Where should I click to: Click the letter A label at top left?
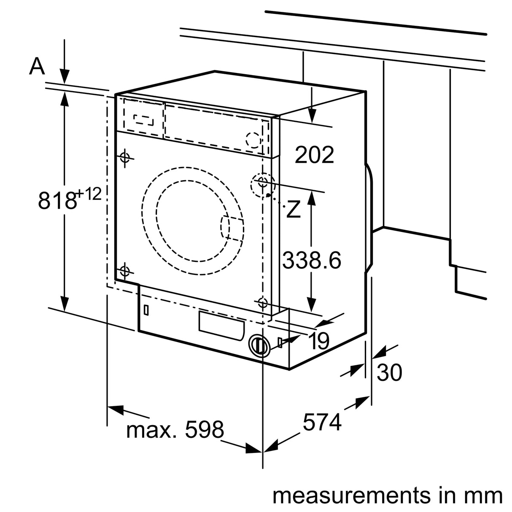(37, 66)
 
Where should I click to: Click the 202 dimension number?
(314, 155)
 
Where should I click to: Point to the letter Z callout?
(294, 210)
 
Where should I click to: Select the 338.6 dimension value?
(311, 260)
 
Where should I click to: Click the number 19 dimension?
(319, 341)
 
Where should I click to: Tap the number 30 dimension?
(389, 372)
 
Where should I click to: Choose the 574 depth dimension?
(322, 422)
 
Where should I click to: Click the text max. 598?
(175, 430)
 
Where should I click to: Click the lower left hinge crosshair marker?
(124, 270)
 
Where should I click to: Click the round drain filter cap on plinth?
(259, 346)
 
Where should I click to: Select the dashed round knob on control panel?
(254, 140)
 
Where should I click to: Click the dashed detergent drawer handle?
(143, 119)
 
